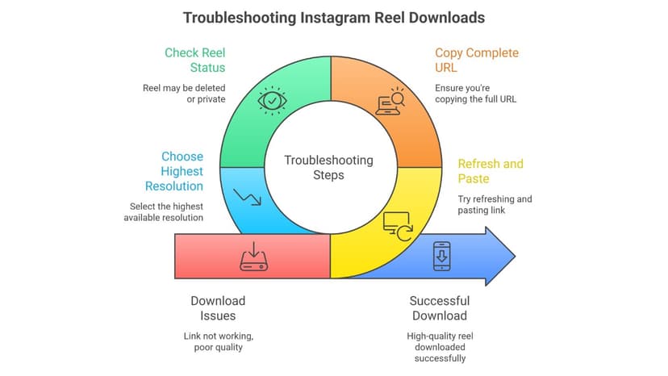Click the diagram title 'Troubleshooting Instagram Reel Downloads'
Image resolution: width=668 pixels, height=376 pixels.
(x=334, y=17)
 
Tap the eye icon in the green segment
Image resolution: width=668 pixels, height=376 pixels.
(x=271, y=101)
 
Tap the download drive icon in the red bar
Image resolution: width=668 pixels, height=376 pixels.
(x=253, y=258)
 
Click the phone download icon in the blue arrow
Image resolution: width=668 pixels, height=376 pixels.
(x=442, y=256)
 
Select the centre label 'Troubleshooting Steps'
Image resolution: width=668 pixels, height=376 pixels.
(x=329, y=167)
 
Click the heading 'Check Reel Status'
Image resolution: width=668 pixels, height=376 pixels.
(x=195, y=61)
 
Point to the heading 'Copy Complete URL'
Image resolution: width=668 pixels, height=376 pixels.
(x=477, y=61)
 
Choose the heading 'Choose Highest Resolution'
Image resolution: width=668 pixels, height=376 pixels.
(x=182, y=171)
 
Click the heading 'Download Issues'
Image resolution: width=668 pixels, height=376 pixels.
(x=218, y=308)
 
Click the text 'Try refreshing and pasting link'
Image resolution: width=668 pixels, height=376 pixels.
(x=495, y=204)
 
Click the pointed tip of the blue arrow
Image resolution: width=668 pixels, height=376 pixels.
(x=514, y=256)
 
